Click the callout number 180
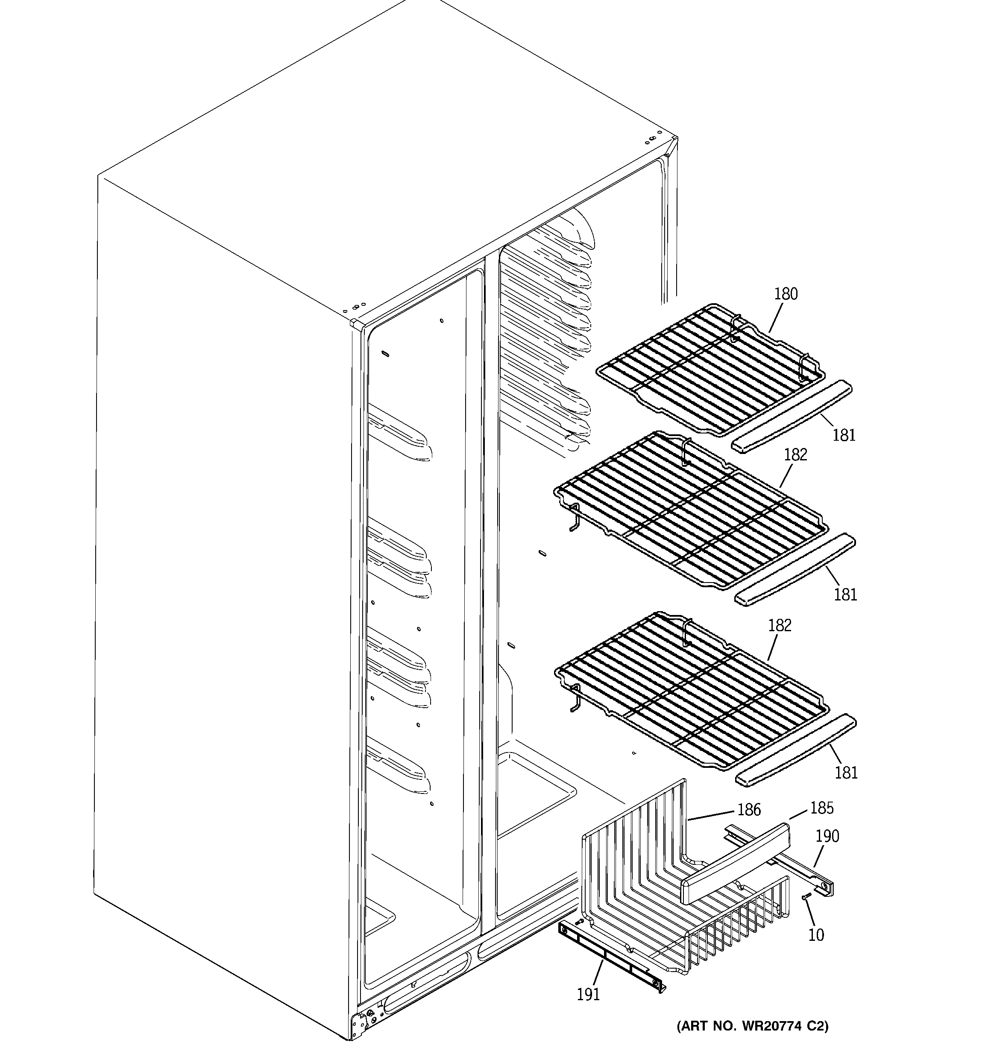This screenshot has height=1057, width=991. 786,294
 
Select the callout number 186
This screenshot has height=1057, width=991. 748,810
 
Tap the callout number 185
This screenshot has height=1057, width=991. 821,808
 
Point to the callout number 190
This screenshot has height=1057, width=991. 827,836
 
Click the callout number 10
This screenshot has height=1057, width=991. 815,935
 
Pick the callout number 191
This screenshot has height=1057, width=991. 588,994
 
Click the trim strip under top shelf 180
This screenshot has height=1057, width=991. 791,416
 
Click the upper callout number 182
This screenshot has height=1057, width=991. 795,454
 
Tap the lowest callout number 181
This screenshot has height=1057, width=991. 846,772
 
